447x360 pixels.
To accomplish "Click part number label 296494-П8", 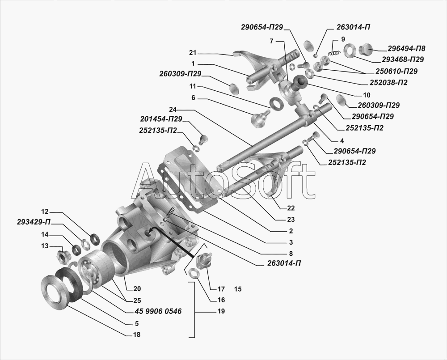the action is [x=406, y=48].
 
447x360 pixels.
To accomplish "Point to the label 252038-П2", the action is [x=388, y=82].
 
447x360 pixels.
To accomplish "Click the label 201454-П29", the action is [x=161, y=119].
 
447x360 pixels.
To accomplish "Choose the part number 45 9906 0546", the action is [x=158, y=311].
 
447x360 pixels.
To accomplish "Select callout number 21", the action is [x=193, y=53].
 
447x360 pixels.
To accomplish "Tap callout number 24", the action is [x=173, y=109].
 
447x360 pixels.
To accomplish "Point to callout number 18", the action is [x=137, y=335].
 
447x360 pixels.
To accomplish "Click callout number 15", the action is [x=238, y=289].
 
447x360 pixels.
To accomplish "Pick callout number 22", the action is [x=291, y=208].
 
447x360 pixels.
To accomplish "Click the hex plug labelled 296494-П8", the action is [x=366, y=51].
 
